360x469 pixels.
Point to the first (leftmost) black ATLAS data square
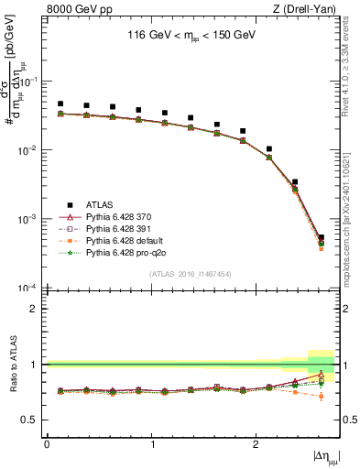point(60,104)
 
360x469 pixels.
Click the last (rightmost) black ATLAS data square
point(321,237)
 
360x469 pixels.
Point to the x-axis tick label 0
point(47,443)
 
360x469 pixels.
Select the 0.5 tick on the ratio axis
point(34,420)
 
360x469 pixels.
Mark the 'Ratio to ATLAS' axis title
point(12,364)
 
